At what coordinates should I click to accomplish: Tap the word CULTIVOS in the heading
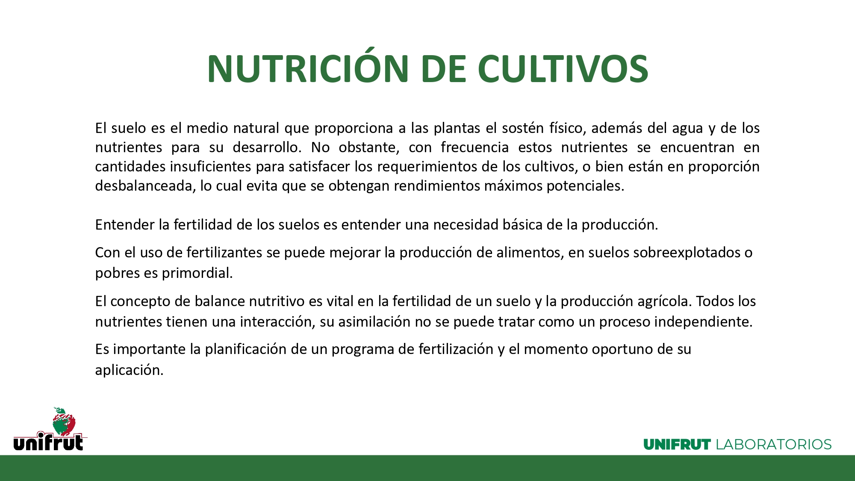pos(563,69)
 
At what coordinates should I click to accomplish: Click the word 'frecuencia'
pos(475,147)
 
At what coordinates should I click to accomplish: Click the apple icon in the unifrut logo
pos(64,422)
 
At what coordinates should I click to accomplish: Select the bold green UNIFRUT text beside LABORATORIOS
pos(677,445)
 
